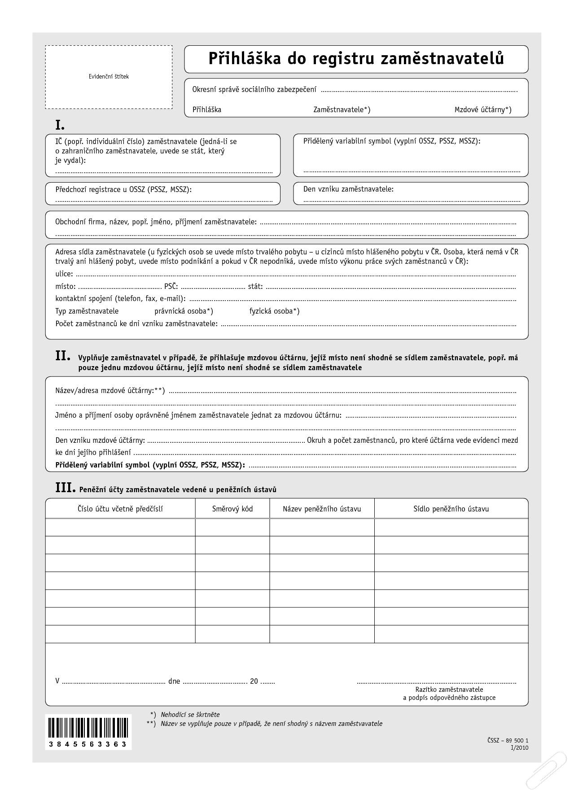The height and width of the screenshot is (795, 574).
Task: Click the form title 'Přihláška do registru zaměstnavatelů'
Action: (356, 59)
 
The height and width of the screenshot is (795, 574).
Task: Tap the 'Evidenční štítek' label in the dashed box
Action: (109, 77)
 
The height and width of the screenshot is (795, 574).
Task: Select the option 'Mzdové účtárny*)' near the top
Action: (482, 109)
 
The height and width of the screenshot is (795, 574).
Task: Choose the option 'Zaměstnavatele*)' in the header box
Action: (342, 109)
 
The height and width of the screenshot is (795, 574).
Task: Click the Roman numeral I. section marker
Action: (60, 125)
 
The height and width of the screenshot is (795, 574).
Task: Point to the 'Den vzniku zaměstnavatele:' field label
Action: (348, 189)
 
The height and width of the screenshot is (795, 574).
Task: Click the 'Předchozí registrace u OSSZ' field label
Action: (123, 189)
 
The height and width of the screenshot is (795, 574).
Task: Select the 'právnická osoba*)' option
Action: (184, 311)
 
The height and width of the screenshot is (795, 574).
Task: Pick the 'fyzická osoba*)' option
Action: (274, 311)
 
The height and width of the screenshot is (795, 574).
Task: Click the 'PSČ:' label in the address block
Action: (171, 286)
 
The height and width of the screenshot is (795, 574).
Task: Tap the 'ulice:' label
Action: (64, 274)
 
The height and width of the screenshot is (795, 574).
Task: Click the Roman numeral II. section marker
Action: (62, 356)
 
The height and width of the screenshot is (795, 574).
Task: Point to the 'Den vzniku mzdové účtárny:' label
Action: (100, 440)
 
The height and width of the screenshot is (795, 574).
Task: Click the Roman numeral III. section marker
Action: (65, 488)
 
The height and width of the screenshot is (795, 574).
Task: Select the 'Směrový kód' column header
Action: (232, 509)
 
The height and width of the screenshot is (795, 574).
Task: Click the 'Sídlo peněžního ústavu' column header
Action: (451, 509)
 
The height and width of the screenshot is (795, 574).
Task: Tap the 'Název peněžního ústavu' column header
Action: (321, 509)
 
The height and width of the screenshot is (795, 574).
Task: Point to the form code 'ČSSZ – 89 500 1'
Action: (507, 740)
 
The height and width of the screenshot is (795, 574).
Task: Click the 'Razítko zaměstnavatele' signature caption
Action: (449, 689)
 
